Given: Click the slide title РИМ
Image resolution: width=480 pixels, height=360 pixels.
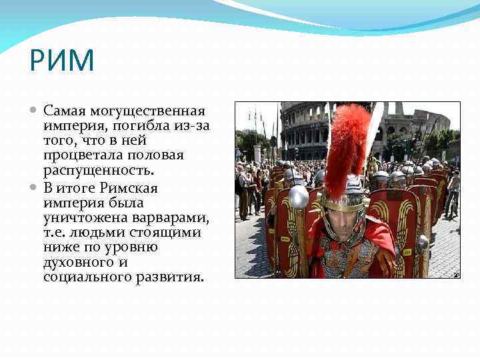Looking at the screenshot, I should (x=62, y=61).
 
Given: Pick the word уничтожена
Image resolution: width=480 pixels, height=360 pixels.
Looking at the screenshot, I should (x=76, y=217).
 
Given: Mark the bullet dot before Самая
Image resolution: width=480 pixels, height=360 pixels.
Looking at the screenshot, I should (x=35, y=110).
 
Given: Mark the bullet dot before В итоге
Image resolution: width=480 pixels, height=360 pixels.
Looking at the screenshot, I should (x=35, y=187).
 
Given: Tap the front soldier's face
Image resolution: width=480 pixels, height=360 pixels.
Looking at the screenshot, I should (x=342, y=222).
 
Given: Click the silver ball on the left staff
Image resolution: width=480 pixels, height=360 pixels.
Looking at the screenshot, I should (x=299, y=197).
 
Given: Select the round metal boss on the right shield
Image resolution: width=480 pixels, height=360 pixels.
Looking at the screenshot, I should (x=421, y=243).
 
